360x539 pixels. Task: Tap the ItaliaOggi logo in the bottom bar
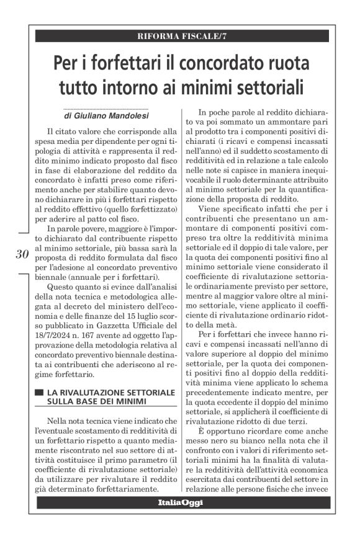180,502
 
